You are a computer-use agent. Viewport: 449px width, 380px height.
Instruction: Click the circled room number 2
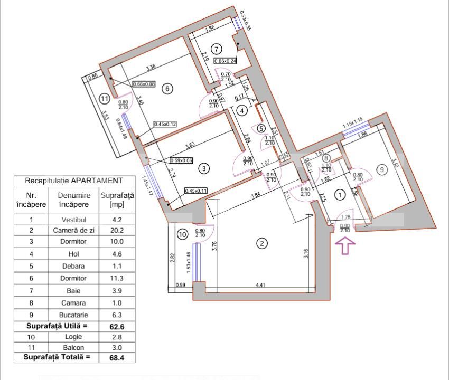tap(262, 243)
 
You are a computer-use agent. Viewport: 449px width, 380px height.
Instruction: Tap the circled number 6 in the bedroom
tap(167, 89)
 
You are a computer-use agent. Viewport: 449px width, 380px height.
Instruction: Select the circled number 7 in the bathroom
tap(216, 49)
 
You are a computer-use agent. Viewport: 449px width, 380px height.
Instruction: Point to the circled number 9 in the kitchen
tap(382, 169)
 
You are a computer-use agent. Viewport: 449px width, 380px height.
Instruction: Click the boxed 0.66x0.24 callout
tap(226, 61)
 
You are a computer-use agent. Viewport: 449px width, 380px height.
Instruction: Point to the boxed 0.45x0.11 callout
tap(196, 191)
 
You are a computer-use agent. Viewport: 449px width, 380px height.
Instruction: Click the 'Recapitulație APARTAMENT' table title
tap(74, 180)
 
